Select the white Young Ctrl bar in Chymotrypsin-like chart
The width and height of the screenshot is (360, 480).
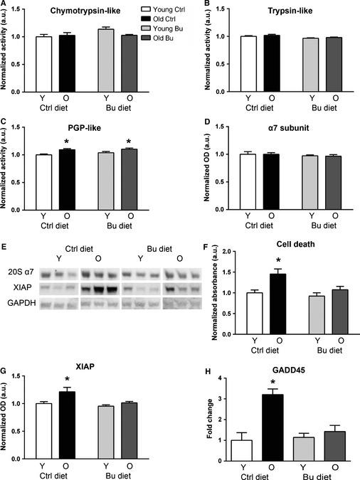44,64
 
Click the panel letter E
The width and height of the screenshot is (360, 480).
6,247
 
